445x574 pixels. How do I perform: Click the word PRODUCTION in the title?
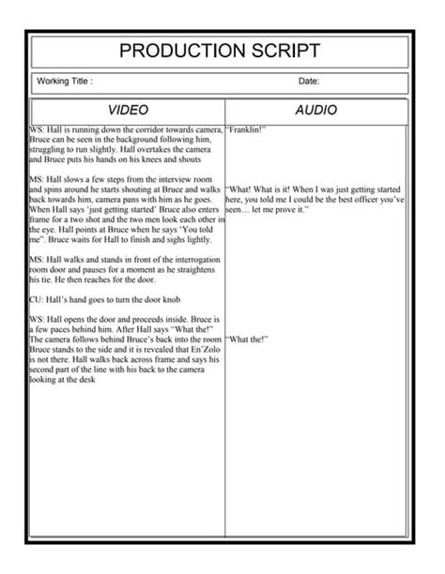click(x=176, y=51)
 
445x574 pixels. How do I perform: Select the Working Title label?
click(x=64, y=83)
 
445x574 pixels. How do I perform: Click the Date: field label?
click(x=310, y=83)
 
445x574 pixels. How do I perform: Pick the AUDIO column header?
click(x=315, y=111)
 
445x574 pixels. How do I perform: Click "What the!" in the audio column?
click(x=248, y=339)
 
